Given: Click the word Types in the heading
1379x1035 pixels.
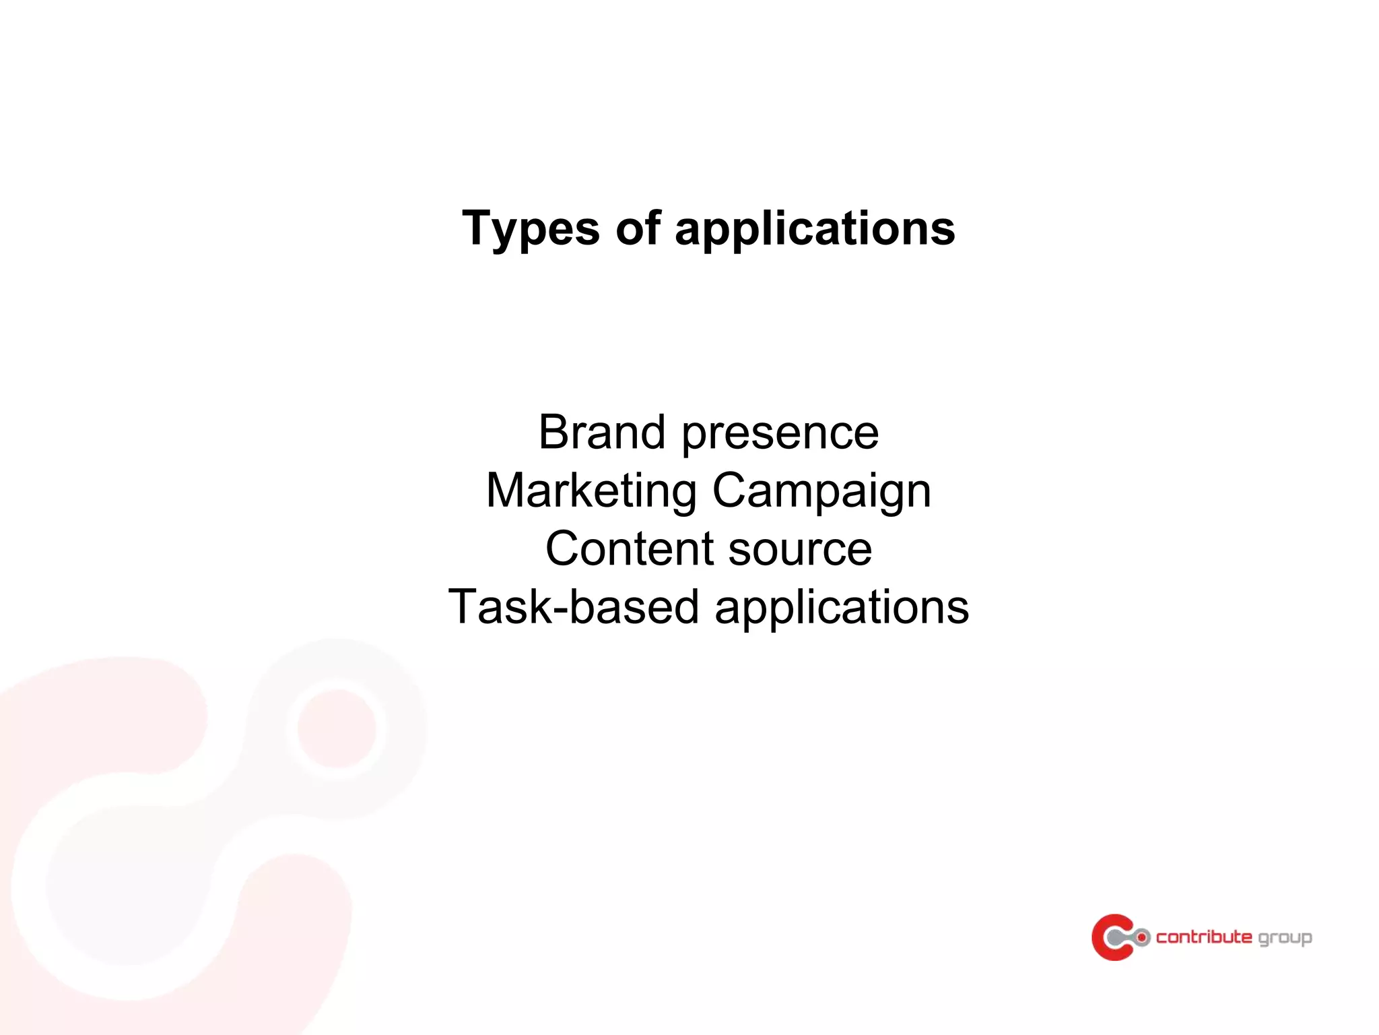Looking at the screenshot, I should tap(531, 229).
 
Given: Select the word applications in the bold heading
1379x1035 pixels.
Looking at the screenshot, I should tap(815, 229).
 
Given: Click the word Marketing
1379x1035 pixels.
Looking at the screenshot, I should tap(591, 491).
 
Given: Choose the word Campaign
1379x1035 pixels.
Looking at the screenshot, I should tap(821, 492).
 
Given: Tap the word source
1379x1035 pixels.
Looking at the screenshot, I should tap(800, 550).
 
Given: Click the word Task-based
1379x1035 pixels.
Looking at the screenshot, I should tap(574, 606).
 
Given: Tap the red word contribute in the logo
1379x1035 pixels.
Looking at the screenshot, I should tap(1204, 937).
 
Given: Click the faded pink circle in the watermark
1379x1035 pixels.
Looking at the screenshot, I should tap(337, 728).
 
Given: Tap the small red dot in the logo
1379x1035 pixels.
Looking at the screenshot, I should tap(1142, 937).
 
